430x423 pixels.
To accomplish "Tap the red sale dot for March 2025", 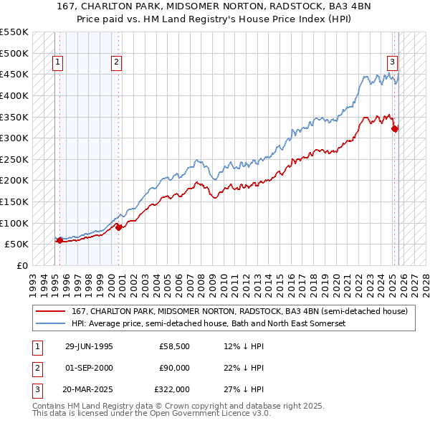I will pos(395,129).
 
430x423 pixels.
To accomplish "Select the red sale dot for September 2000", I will pos(119,227).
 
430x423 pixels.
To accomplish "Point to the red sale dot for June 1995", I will pos(59,241).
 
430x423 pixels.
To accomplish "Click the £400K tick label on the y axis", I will pos(14,95).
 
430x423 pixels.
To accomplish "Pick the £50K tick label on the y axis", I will pos(17,244).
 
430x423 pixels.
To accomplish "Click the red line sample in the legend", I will pos(49,311).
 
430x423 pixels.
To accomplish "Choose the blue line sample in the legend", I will pos(49,323).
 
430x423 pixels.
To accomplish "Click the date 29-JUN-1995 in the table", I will pos(89,346).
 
